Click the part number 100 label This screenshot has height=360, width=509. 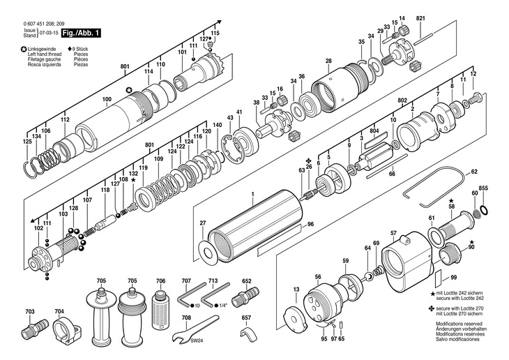[x=107, y=100]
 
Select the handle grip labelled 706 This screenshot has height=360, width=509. [x=161, y=306]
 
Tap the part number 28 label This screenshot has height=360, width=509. [x=328, y=61]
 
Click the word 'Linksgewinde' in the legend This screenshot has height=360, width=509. [x=43, y=49]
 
